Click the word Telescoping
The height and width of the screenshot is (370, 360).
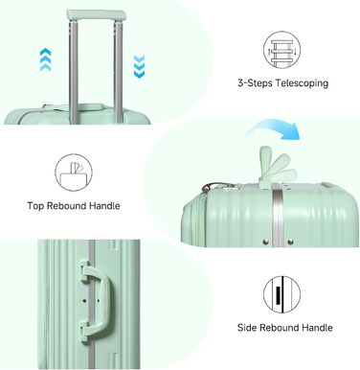point(302,83)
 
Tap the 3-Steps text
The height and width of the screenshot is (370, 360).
point(255,83)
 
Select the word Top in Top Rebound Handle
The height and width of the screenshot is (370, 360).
point(35,206)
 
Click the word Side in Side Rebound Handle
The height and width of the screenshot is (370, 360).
point(247,328)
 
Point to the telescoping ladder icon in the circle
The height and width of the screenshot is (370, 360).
point(281,50)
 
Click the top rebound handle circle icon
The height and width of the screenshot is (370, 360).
point(74,173)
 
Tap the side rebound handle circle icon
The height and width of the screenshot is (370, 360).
point(281,294)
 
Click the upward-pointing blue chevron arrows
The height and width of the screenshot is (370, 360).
point(46,59)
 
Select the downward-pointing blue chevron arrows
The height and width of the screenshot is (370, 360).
point(139,66)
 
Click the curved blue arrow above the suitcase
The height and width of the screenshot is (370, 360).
point(276,128)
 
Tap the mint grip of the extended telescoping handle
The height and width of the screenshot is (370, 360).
point(96,15)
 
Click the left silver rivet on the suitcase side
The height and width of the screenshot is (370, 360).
point(265,242)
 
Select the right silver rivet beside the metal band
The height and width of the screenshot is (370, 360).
point(290,242)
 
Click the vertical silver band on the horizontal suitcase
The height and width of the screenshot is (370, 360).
point(278,219)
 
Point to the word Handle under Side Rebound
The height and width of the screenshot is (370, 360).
point(317,328)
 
